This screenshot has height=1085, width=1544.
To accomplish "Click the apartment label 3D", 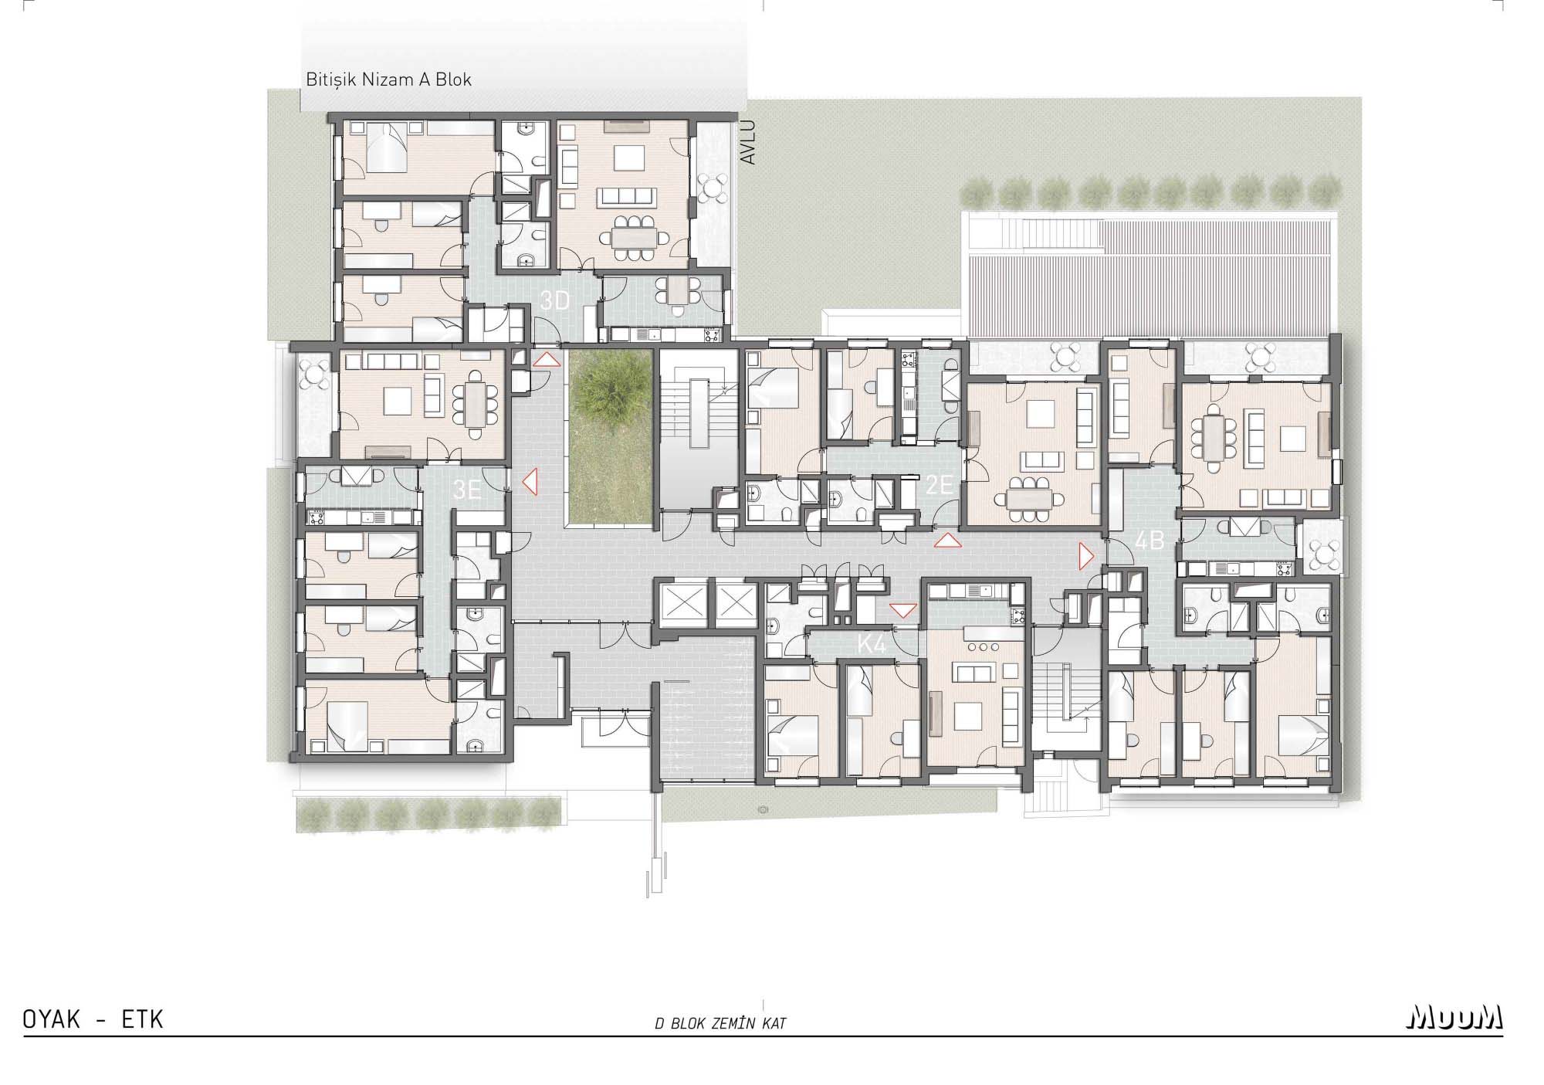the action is pos(554,301).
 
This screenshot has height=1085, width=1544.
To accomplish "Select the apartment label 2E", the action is pos(940,485).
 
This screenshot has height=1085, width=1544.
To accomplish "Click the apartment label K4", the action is pos(872,644).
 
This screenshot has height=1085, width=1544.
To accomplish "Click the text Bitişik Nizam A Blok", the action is pos(388,80).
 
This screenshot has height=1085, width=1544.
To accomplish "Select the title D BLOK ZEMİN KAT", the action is pos(720,1024).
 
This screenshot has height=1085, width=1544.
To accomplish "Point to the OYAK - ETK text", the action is pos(93,1019).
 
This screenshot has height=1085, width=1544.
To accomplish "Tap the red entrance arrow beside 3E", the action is pos(530,483).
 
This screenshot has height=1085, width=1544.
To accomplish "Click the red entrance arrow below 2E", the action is pos(947,541).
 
